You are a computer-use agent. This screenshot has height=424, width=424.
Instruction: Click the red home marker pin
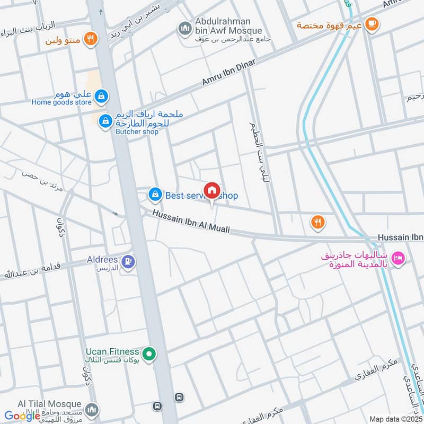point(211,191)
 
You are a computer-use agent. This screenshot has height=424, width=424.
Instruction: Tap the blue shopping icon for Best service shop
point(154,195)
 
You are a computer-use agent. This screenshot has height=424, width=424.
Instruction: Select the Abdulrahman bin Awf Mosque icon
point(185,28)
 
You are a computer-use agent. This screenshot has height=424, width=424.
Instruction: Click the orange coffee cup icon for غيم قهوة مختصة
point(372,24)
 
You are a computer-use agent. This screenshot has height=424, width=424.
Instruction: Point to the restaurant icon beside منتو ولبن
point(91,39)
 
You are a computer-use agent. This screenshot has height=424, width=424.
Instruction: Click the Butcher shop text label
point(137,131)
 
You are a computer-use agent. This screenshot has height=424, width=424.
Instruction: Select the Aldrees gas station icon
point(128,261)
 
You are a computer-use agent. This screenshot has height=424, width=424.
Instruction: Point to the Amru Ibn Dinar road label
point(228,73)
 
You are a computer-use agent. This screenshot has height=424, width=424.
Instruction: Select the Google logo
point(22,416)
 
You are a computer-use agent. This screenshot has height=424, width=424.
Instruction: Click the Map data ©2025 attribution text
point(395,419)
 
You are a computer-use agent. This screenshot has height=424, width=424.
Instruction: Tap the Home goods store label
point(61,102)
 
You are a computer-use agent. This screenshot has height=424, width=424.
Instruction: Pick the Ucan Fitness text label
point(112,352)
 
